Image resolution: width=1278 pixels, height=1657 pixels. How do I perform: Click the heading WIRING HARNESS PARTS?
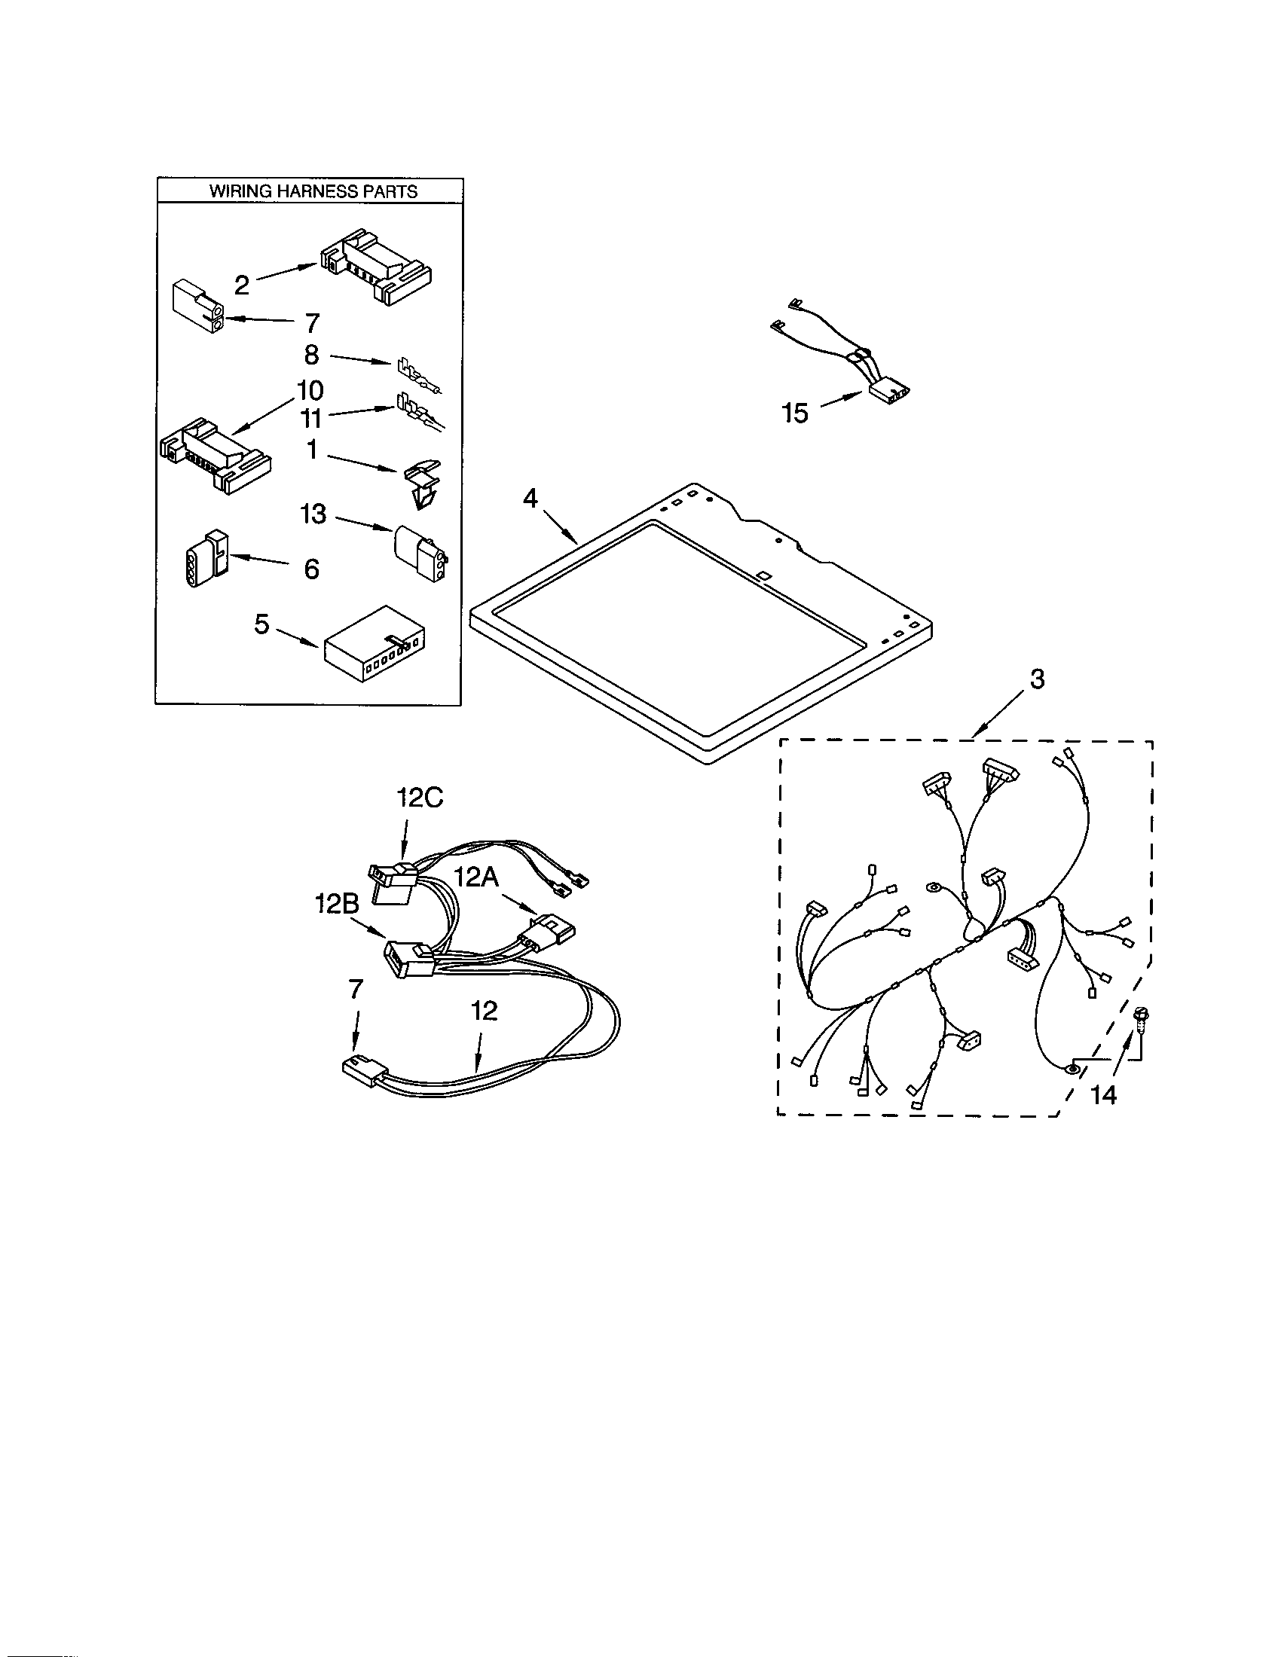313,191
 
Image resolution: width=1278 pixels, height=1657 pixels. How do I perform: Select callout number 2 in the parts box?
241,285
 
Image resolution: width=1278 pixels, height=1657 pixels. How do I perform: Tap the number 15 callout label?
794,413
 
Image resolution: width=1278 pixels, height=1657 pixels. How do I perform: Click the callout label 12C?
420,798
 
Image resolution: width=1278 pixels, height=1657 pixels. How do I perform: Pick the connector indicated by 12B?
408,960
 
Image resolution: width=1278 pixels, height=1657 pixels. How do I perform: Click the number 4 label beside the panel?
530,499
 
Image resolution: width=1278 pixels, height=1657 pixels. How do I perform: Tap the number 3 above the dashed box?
1037,679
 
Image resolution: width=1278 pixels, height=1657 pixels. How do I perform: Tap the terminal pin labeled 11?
417,414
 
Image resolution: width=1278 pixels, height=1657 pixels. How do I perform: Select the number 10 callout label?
310,391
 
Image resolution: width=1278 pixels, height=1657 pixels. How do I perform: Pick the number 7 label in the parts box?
312,323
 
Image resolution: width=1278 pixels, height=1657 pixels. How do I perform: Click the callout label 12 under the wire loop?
484,1011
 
